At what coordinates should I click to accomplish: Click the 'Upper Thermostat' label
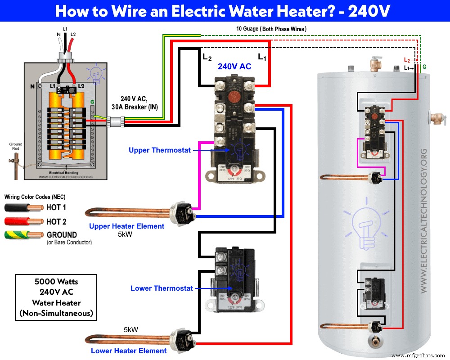(159, 150)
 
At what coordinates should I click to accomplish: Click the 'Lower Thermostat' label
(162, 288)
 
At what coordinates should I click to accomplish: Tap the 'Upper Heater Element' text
(126, 226)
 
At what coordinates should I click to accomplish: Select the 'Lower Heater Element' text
(129, 351)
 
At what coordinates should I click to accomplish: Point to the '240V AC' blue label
(234, 66)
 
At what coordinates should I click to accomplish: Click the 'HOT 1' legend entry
(56, 208)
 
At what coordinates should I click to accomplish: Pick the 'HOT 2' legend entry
(56, 221)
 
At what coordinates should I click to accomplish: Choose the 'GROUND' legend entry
(62, 234)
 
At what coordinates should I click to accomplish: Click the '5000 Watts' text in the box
(56, 281)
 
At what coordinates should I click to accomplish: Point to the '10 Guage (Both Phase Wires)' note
(271, 29)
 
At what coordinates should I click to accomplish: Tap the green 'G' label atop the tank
(424, 67)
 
